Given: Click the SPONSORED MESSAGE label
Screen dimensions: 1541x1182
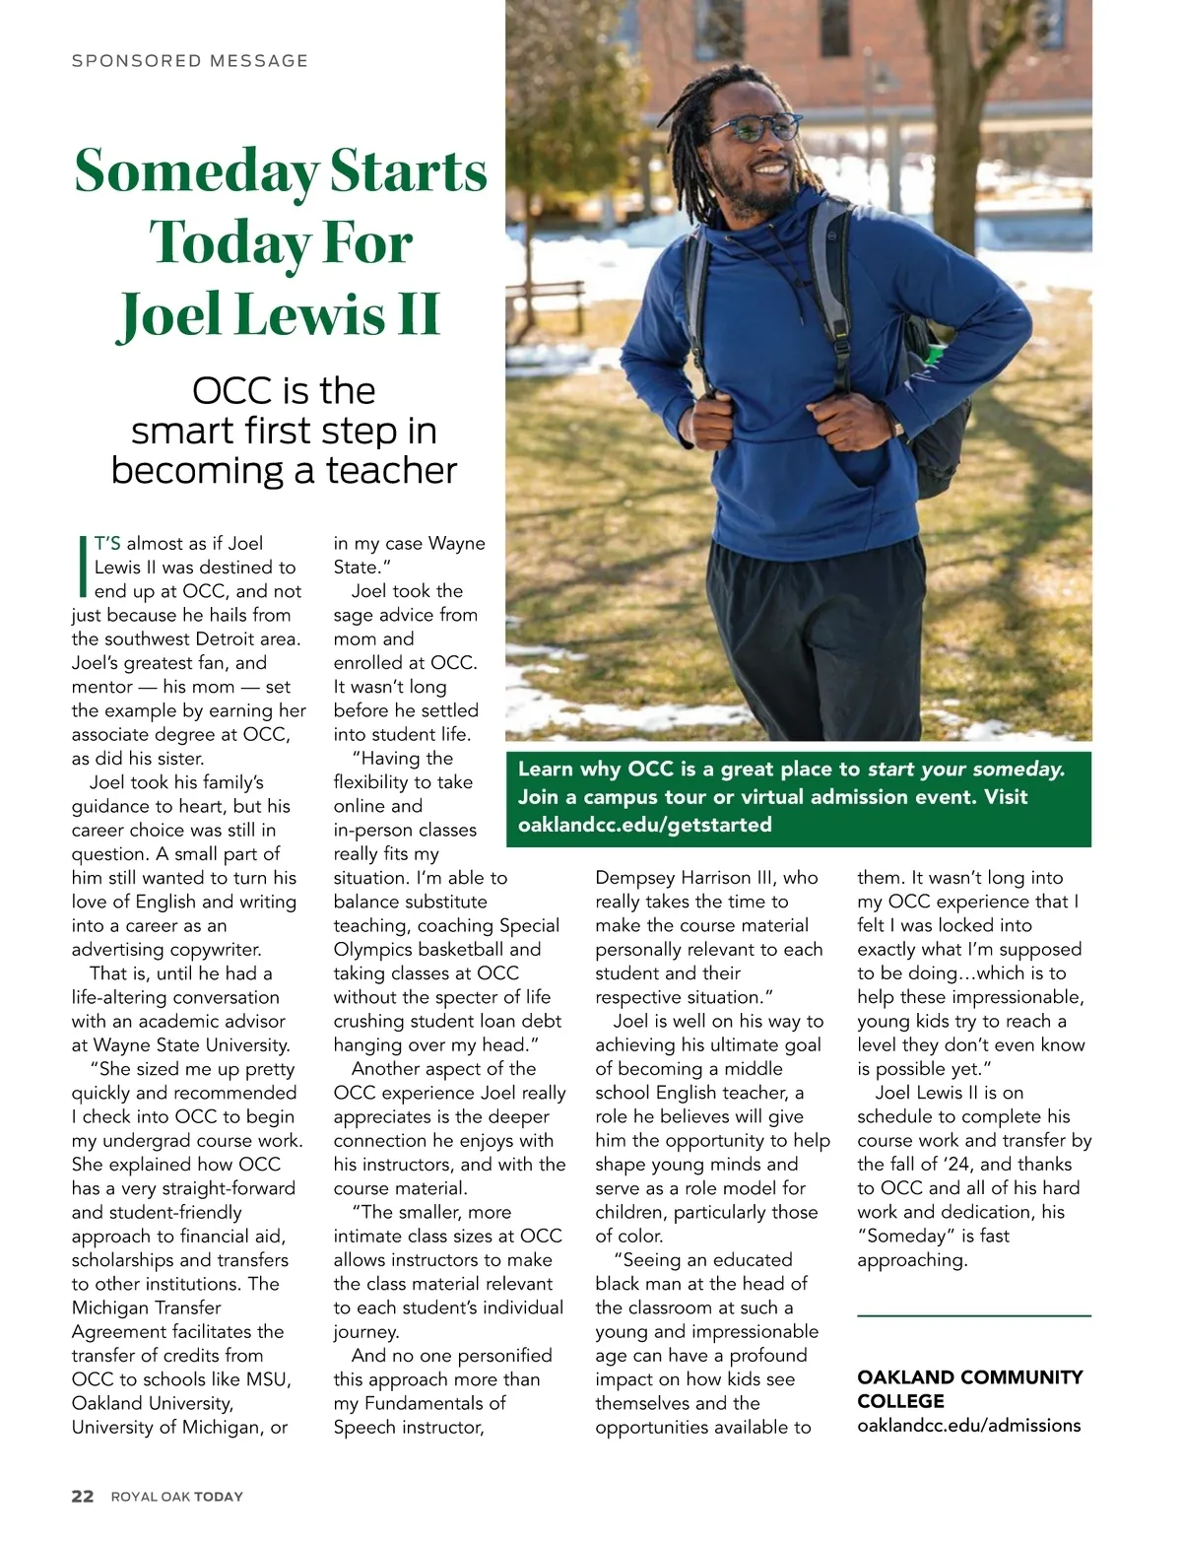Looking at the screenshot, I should tap(189, 61).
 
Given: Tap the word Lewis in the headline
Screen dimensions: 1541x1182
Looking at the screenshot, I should tap(314, 314).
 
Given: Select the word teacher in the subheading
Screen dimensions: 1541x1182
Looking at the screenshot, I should tap(391, 470).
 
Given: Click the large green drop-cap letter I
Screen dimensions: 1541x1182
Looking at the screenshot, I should tap(82, 567).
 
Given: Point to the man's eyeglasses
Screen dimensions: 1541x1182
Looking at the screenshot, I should tap(754, 128).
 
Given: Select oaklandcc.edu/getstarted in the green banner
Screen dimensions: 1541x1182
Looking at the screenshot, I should tap(645, 825).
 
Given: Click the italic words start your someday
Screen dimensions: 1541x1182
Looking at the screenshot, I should tap(965, 769).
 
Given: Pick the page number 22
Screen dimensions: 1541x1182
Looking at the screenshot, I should tap(83, 1496).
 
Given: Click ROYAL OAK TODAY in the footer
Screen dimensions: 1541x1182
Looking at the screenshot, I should tap(176, 1497).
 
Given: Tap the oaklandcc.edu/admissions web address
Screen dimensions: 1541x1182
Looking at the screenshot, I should tap(968, 1425).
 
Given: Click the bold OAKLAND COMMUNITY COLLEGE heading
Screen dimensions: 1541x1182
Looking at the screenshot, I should tap(969, 1388).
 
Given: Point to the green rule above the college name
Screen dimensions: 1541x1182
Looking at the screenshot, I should tap(973, 1315).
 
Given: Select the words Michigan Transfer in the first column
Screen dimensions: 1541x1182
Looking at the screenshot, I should tap(146, 1307).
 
